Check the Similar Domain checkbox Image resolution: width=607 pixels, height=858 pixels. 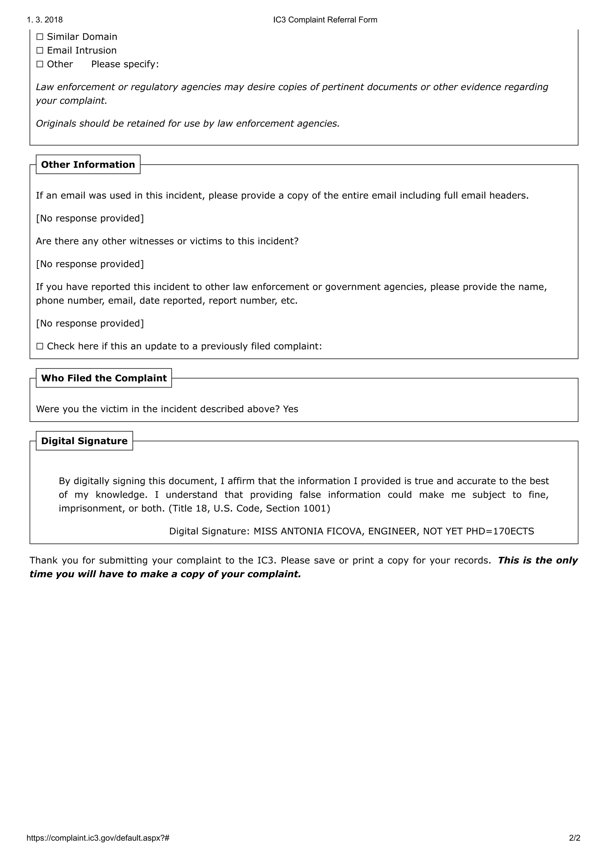point(40,37)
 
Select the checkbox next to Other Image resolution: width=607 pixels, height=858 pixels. point(40,64)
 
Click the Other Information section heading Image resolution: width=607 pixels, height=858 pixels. point(88,164)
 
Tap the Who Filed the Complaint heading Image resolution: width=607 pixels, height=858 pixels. point(104,378)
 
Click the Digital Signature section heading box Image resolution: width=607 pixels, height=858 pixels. point(84,441)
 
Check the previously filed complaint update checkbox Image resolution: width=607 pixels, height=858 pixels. point(40,346)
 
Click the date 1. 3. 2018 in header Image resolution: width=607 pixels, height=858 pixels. point(44,20)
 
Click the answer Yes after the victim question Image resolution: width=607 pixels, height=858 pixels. point(290,409)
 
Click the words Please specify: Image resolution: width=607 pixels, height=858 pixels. point(125,64)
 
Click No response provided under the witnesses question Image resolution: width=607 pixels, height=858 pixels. point(90,264)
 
